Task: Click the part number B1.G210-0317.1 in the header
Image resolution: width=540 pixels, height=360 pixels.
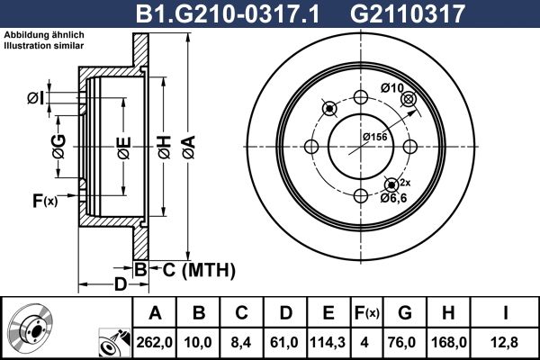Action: (228, 13)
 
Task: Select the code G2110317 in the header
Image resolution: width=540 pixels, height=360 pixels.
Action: (408, 13)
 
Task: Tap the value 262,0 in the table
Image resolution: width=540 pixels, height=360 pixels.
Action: (154, 342)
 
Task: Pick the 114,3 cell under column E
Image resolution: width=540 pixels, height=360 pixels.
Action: (328, 342)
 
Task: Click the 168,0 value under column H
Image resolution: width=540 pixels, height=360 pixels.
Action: (449, 342)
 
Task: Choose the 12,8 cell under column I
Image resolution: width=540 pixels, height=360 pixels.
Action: (505, 342)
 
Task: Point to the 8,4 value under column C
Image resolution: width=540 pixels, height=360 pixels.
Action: (241, 342)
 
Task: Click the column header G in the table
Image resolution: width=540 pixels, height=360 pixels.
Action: (405, 313)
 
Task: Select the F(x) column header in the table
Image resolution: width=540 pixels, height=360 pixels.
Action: (367, 313)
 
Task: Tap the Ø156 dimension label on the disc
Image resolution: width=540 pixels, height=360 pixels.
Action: (374, 137)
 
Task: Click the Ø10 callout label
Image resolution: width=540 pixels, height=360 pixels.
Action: (391, 88)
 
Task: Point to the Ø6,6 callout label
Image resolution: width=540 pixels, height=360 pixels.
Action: (393, 198)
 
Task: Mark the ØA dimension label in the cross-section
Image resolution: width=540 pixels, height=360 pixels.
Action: (189, 148)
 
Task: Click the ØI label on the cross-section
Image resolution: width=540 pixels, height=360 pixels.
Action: (35, 98)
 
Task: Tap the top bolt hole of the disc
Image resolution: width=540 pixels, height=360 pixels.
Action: (361, 97)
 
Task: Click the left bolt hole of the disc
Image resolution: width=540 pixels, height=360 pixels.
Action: (311, 147)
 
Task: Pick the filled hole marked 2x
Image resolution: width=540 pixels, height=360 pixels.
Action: (391, 185)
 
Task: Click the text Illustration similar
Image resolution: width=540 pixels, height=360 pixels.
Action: (44, 46)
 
